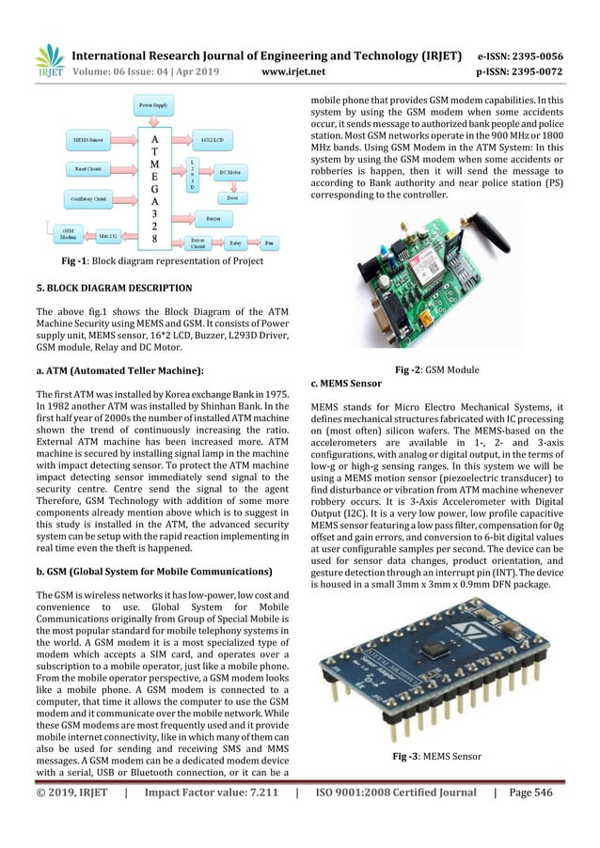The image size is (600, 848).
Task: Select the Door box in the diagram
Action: [x=231, y=197]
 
